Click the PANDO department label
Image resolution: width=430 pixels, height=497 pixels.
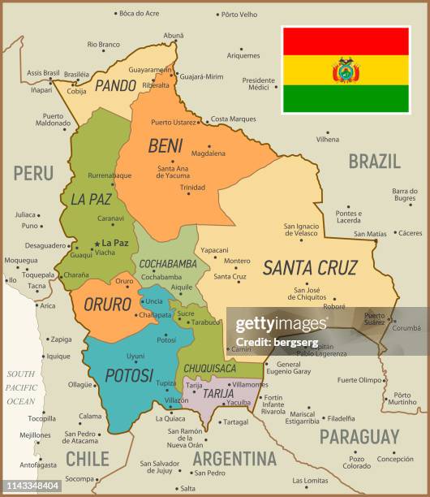coord(114,84)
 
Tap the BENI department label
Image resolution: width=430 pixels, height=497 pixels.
coord(166,146)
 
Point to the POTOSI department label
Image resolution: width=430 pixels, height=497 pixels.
coord(129,375)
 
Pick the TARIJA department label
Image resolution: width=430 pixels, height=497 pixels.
coord(217,393)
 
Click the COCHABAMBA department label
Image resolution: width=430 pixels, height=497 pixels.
coord(168,264)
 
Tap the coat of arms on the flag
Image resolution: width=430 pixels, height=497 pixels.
coord(346,70)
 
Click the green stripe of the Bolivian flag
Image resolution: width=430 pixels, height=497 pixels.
coord(346,98)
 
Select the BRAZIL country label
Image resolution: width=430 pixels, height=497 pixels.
coord(374,160)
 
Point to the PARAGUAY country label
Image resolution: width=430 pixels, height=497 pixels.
coord(359,436)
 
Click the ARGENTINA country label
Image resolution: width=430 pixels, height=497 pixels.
coord(234,458)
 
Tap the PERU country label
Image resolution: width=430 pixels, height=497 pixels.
coord(32,172)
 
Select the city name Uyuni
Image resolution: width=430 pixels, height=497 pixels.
coord(135,356)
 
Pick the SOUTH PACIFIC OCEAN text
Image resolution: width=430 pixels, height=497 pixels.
coord(22,387)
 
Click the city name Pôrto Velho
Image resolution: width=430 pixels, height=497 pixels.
coord(239,14)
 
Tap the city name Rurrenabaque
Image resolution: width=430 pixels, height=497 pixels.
coord(110,175)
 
